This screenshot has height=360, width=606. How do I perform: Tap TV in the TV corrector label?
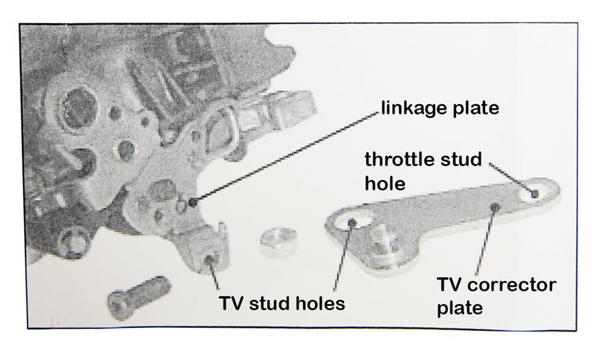click(448, 285)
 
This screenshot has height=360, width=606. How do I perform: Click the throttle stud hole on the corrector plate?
click(534, 194)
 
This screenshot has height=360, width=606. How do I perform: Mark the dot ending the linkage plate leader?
click(193, 202)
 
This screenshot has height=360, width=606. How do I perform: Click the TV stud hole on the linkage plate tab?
click(209, 259)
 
